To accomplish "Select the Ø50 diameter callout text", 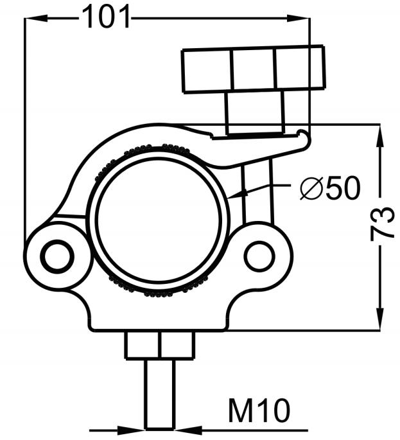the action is (329, 188).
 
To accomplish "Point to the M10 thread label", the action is (259, 411).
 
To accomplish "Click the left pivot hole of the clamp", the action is (58, 256).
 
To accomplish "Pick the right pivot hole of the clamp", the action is (259, 256).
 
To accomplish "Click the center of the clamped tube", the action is (159, 220).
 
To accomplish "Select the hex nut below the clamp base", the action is (160, 345).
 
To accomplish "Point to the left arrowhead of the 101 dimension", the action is (36, 18).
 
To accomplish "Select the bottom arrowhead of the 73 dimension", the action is (379, 319).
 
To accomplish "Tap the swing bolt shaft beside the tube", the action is (257, 193).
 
